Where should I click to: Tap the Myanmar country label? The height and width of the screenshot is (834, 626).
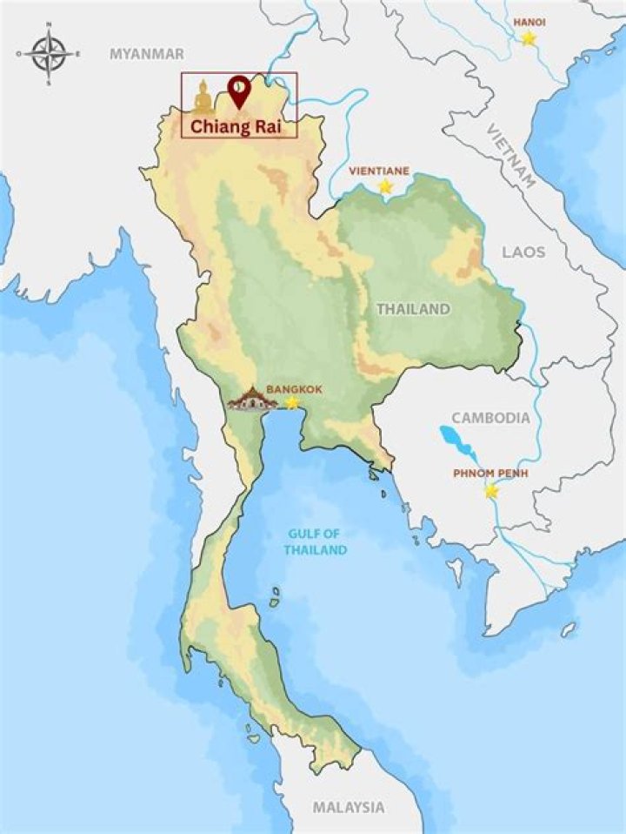tap(147, 54)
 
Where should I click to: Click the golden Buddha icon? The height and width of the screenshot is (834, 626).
tap(203, 97)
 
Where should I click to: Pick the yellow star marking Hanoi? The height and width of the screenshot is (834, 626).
tap(529, 38)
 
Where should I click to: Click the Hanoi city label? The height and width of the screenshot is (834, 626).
tap(529, 21)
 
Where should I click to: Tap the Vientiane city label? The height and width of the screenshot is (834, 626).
tap(380, 171)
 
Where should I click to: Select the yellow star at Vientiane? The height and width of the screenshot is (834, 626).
tap(385, 186)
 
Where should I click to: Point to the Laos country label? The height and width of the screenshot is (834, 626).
tap(523, 252)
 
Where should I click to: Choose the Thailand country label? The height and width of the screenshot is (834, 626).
tap(413, 309)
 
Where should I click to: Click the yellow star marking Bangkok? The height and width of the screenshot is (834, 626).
tap(292, 402)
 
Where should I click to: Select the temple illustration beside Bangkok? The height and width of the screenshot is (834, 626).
tap(252, 400)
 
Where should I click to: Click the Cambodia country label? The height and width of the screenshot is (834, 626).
tap(489, 418)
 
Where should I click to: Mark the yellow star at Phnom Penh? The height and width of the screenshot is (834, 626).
tap(491, 491)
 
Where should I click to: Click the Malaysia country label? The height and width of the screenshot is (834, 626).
tap(349, 807)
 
